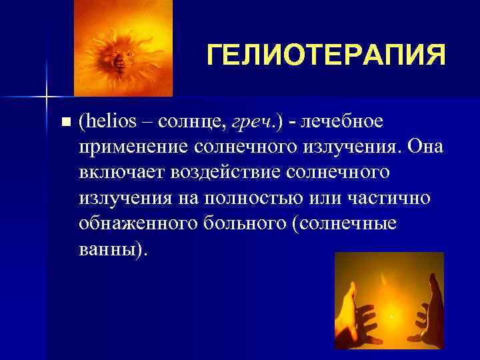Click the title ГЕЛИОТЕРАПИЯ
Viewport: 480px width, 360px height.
pos(325,55)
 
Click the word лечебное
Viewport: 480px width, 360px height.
pos(345,122)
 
